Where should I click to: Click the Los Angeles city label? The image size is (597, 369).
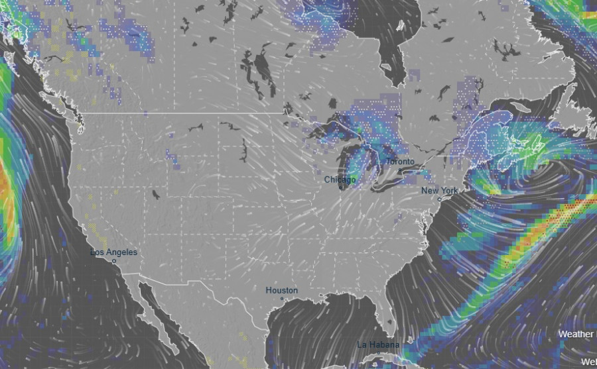pyautogui.click(x=114, y=252)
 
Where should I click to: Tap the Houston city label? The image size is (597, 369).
pyautogui.click(x=281, y=290)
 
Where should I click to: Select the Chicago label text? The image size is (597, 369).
pyautogui.click(x=340, y=180)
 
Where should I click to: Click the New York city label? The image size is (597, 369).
pyautogui.click(x=439, y=191)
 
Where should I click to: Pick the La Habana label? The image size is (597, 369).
pyautogui.click(x=378, y=344)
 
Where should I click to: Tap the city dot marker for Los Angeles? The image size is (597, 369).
pyautogui.click(x=114, y=261)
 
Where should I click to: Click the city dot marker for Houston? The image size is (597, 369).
pyautogui.click(x=282, y=299)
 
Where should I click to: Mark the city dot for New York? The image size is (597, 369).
pyautogui.click(x=439, y=199)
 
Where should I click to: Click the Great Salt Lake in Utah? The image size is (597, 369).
pyautogui.click(x=155, y=195)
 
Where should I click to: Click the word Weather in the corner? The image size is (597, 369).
pyautogui.click(x=575, y=334)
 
